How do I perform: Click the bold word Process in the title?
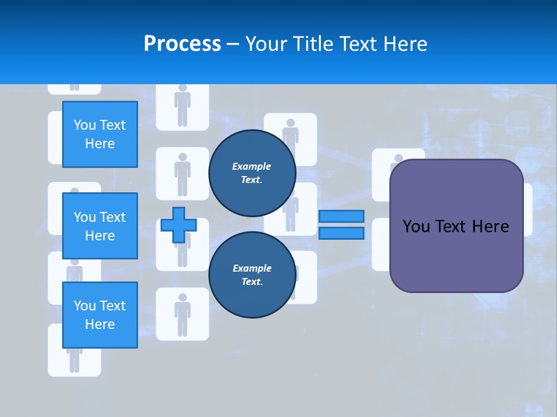182,44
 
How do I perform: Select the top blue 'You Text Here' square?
100,134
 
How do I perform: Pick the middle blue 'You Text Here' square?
100,226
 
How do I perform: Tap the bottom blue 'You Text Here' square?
100,315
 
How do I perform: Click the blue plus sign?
179,225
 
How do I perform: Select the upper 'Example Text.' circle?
252,173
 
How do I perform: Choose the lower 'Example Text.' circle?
252,275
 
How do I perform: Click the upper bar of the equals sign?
341,217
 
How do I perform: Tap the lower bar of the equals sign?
341,233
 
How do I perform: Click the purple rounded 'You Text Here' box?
456,255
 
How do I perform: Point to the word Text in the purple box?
452,226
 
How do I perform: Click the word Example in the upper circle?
252,166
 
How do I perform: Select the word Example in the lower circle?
252,268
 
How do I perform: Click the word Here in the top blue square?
100,144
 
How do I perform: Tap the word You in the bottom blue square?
85,306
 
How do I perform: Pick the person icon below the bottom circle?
183,314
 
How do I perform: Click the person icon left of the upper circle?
183,174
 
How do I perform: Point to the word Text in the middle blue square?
112,217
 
